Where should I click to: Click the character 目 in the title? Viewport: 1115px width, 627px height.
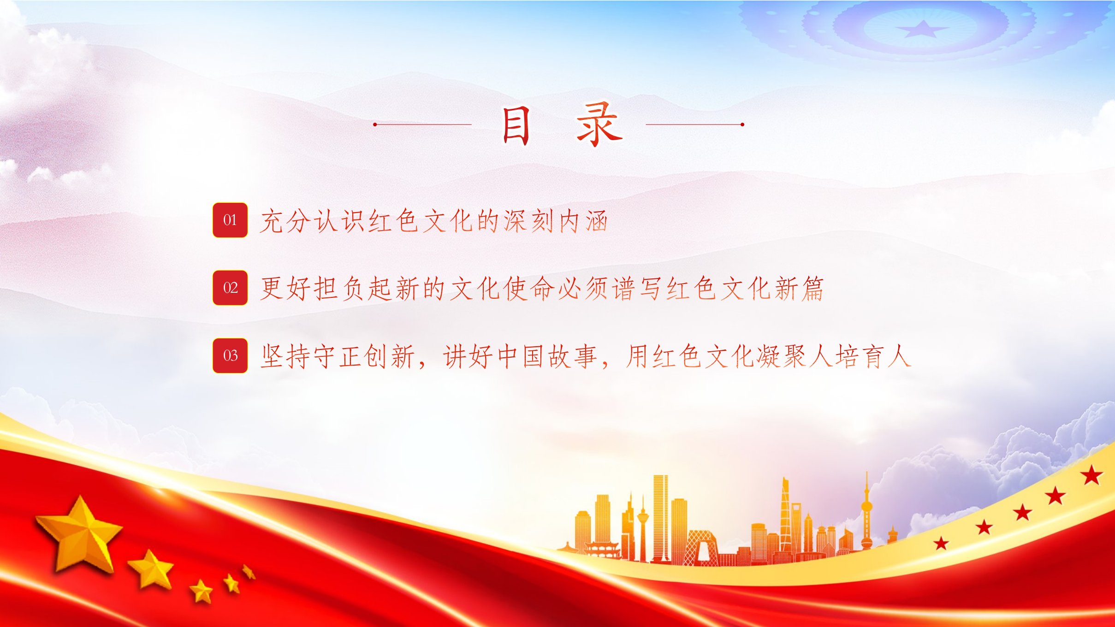(516, 125)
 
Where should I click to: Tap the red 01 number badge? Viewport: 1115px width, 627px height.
(230, 220)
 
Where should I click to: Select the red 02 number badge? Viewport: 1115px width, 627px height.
(230, 288)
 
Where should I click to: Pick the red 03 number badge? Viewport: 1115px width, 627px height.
(230, 355)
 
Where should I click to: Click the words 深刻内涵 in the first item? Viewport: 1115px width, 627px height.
(556, 221)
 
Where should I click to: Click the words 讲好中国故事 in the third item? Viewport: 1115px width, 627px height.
(521, 356)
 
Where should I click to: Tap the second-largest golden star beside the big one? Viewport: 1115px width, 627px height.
(151, 570)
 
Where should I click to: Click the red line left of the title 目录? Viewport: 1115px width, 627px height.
(422, 124)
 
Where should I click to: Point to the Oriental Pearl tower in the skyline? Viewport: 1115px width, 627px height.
(867, 512)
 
